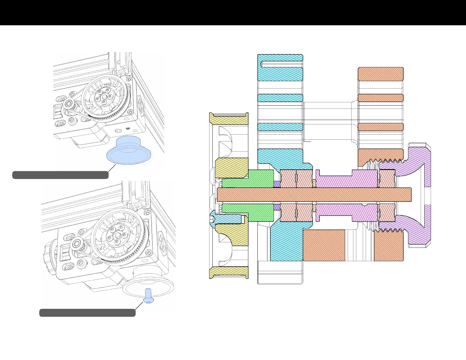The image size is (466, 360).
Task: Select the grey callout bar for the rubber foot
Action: coord(60,175)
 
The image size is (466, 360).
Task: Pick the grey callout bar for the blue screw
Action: coord(87,313)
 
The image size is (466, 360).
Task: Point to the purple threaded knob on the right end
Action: coord(418,165)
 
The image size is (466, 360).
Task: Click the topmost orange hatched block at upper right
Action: coord(380,74)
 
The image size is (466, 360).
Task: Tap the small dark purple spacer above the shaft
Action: coord(277,184)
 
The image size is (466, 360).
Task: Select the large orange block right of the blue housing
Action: coord(324,245)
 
